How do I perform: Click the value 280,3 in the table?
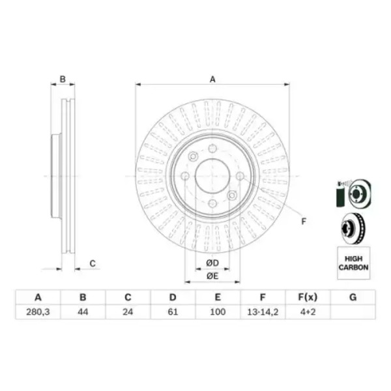(x=38, y=312)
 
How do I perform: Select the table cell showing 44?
(x=83, y=312)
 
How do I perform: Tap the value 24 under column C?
(x=128, y=312)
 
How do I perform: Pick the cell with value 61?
(x=173, y=312)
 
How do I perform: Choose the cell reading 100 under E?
(x=218, y=312)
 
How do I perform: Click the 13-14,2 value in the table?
(x=263, y=312)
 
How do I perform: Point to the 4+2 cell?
(x=308, y=312)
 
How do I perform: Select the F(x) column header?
(x=308, y=297)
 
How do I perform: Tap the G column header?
(x=353, y=297)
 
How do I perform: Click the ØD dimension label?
(x=212, y=263)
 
